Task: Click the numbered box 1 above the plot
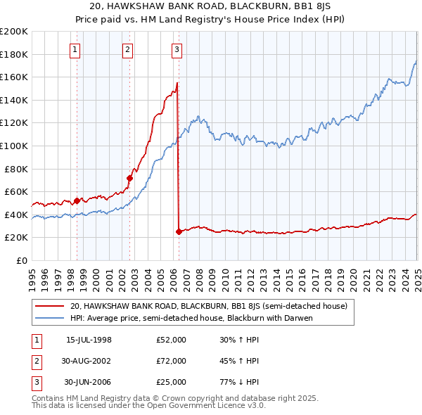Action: pyautogui.click(x=75, y=49)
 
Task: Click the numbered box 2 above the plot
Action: pyautogui.click(x=127, y=49)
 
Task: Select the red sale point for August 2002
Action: pyautogui.click(x=130, y=178)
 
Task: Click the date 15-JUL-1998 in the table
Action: pyautogui.click(x=89, y=340)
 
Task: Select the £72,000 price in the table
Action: pyautogui.click(x=171, y=361)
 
